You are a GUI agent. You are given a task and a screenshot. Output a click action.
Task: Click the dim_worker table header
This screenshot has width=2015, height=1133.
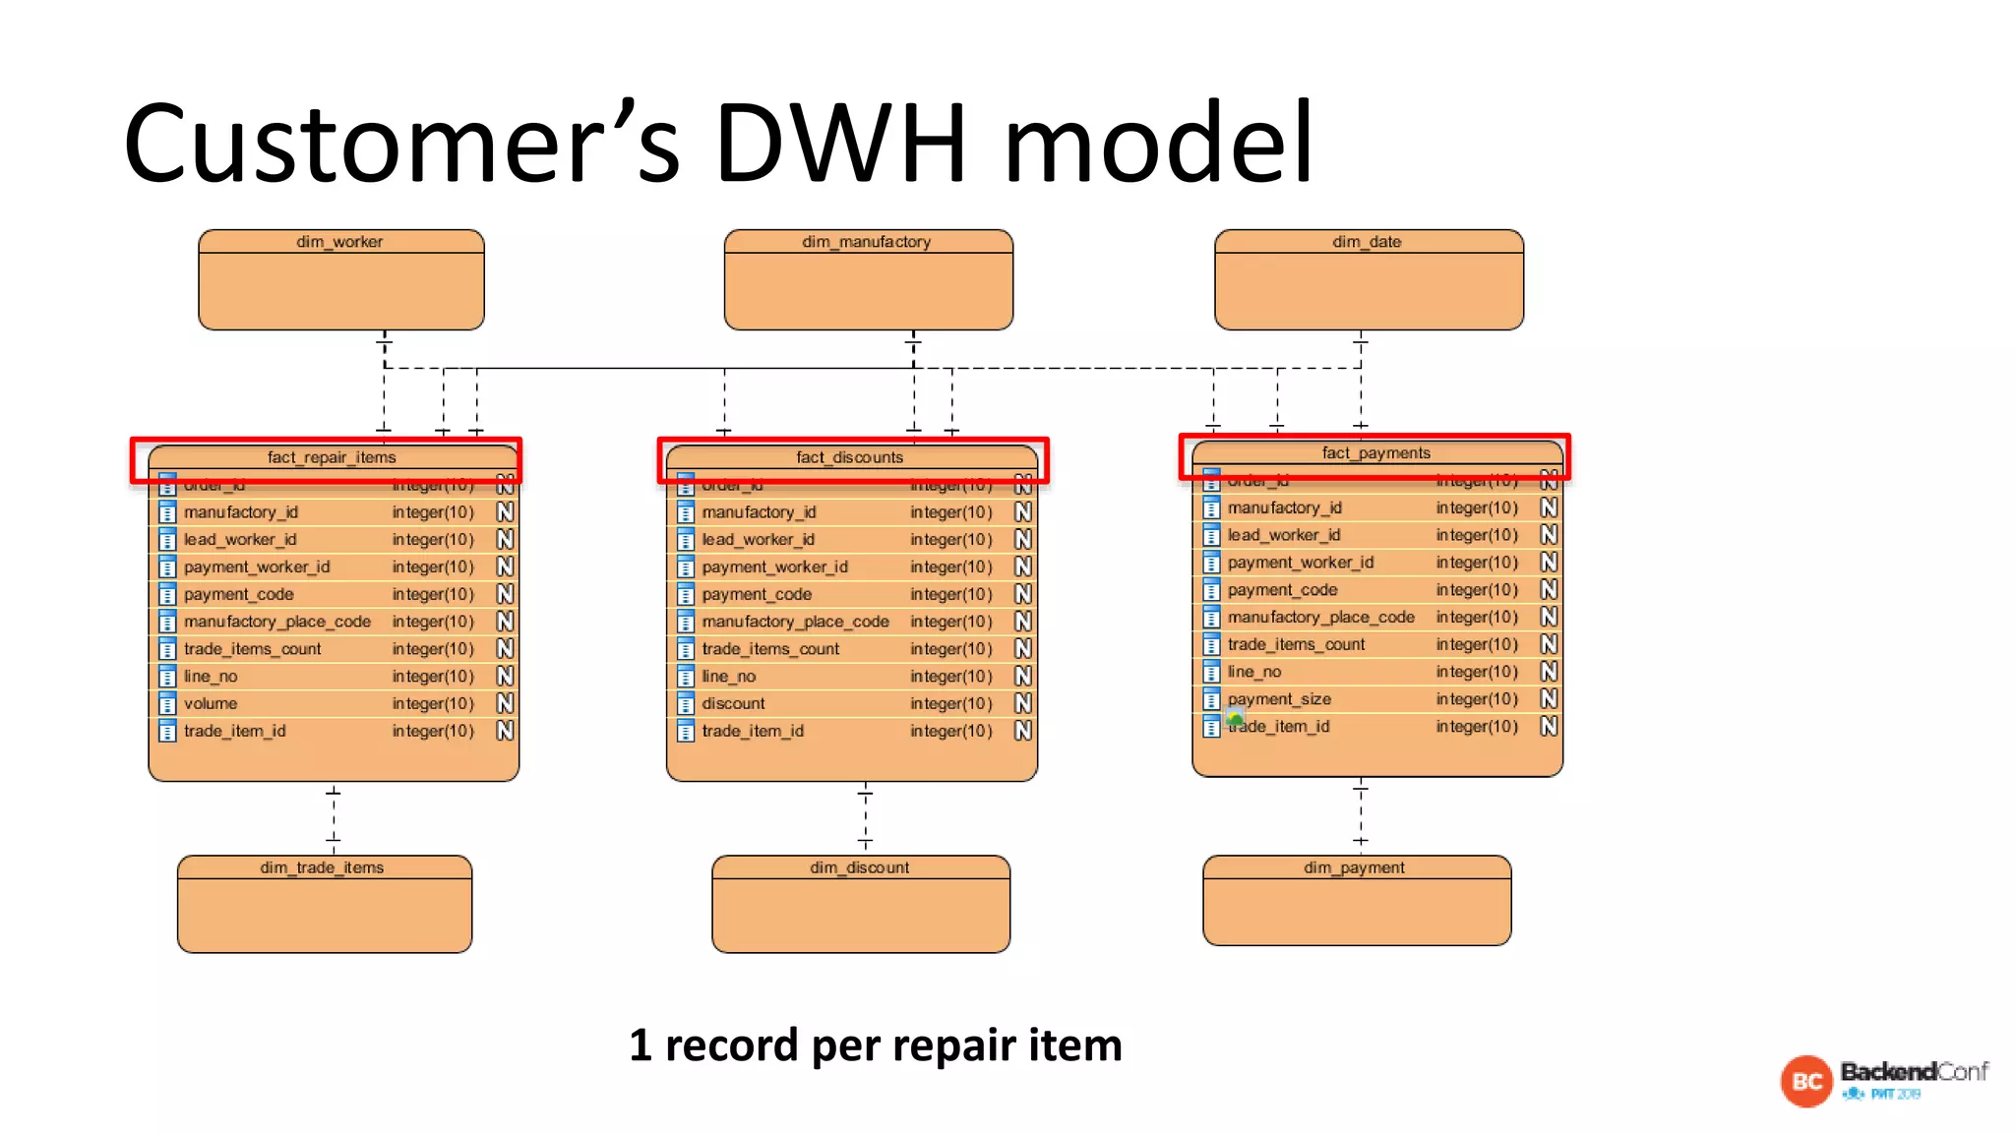click(x=339, y=242)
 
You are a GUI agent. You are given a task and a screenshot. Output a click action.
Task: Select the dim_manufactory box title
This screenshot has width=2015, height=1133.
click(x=866, y=242)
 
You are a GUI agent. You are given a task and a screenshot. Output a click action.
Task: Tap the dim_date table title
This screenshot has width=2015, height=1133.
click(x=1367, y=242)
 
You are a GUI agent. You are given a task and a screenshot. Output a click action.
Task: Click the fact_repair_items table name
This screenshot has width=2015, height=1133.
click(x=332, y=457)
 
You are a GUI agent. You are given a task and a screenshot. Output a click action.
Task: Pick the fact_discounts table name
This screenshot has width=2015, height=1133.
click(x=849, y=457)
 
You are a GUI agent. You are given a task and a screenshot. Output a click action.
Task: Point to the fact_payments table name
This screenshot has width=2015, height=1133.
click(x=1375, y=453)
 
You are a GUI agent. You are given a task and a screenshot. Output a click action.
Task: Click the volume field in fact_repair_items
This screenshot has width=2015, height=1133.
click(x=211, y=704)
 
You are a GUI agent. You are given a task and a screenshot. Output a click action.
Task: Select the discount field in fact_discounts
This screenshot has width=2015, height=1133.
click(x=733, y=704)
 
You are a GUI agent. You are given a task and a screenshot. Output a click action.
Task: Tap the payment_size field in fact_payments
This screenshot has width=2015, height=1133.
click(x=1279, y=699)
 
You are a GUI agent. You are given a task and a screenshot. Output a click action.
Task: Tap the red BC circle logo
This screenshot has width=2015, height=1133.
click(x=1806, y=1082)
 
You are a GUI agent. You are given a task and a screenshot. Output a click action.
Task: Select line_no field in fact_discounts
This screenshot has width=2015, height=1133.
click(x=729, y=677)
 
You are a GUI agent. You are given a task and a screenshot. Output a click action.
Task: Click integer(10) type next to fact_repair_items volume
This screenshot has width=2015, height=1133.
click(x=433, y=704)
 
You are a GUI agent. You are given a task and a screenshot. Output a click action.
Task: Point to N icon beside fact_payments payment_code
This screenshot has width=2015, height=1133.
click(x=1549, y=590)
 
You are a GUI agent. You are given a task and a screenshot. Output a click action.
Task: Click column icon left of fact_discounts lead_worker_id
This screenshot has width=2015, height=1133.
click(x=686, y=540)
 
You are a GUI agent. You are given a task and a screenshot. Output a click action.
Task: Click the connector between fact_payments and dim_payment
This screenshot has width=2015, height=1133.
click(x=1361, y=814)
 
